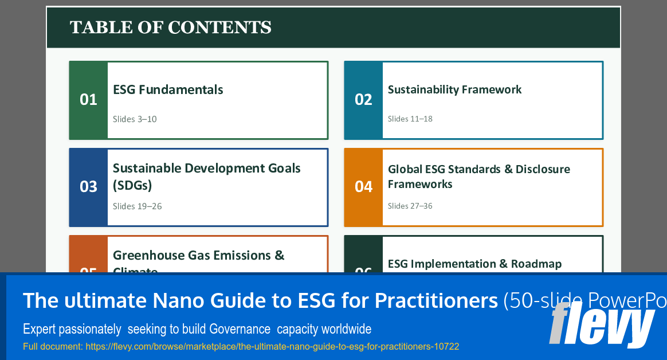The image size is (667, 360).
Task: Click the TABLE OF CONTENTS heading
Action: tap(170, 28)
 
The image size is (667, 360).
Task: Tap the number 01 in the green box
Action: tap(88, 100)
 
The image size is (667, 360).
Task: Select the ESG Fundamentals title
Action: tap(168, 89)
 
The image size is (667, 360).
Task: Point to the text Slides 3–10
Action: tap(135, 119)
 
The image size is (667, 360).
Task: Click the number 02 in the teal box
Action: tap(363, 100)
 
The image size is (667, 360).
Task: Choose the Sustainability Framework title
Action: tap(454, 89)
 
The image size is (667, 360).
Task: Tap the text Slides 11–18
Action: tap(410, 119)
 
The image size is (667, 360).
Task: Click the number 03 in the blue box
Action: tap(88, 187)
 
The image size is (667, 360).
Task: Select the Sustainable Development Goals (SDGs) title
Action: tap(206, 177)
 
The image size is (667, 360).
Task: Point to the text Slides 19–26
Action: tap(137, 206)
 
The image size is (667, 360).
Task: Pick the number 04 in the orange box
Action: tap(363, 187)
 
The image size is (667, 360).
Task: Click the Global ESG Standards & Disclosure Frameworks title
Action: tap(478, 177)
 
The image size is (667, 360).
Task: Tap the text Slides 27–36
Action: tap(410, 206)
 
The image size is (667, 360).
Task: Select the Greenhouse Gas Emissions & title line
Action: tap(198, 255)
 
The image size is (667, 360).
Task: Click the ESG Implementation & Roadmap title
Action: tap(474, 264)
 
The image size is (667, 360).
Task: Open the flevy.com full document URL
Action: tap(241, 347)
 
